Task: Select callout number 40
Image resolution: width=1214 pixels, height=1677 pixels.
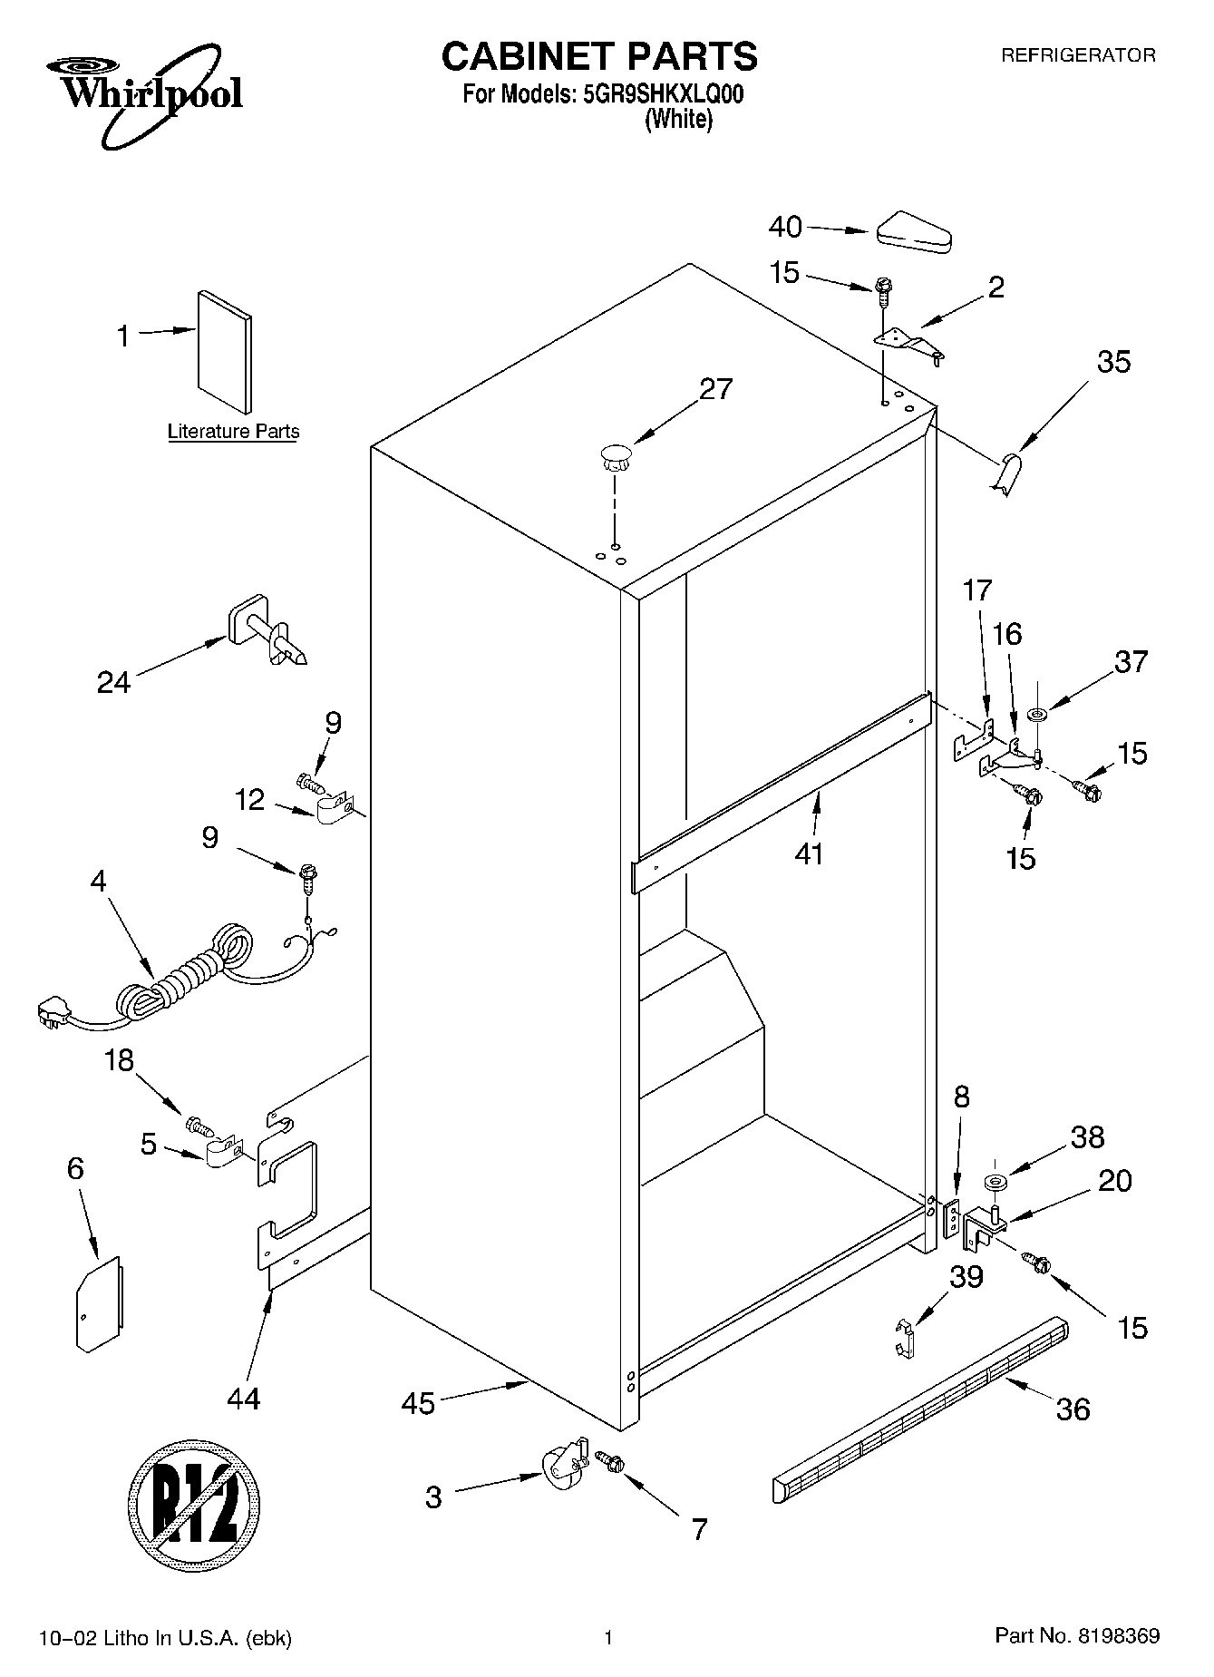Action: (785, 227)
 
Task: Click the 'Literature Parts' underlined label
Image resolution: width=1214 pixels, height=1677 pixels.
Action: (233, 432)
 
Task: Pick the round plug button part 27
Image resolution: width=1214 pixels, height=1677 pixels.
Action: (615, 454)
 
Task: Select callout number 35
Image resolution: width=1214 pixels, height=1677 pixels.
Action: (1113, 362)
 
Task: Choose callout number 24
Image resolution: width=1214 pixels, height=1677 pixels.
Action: (114, 681)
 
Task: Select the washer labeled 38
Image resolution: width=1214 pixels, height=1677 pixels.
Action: (995, 1183)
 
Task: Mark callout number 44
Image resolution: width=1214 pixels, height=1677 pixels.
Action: (244, 1398)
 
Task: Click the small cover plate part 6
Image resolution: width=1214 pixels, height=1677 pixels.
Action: (99, 1303)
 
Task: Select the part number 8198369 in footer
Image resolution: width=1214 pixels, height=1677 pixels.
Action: (1118, 1637)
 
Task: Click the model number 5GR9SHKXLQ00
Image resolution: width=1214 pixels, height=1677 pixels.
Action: (658, 94)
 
